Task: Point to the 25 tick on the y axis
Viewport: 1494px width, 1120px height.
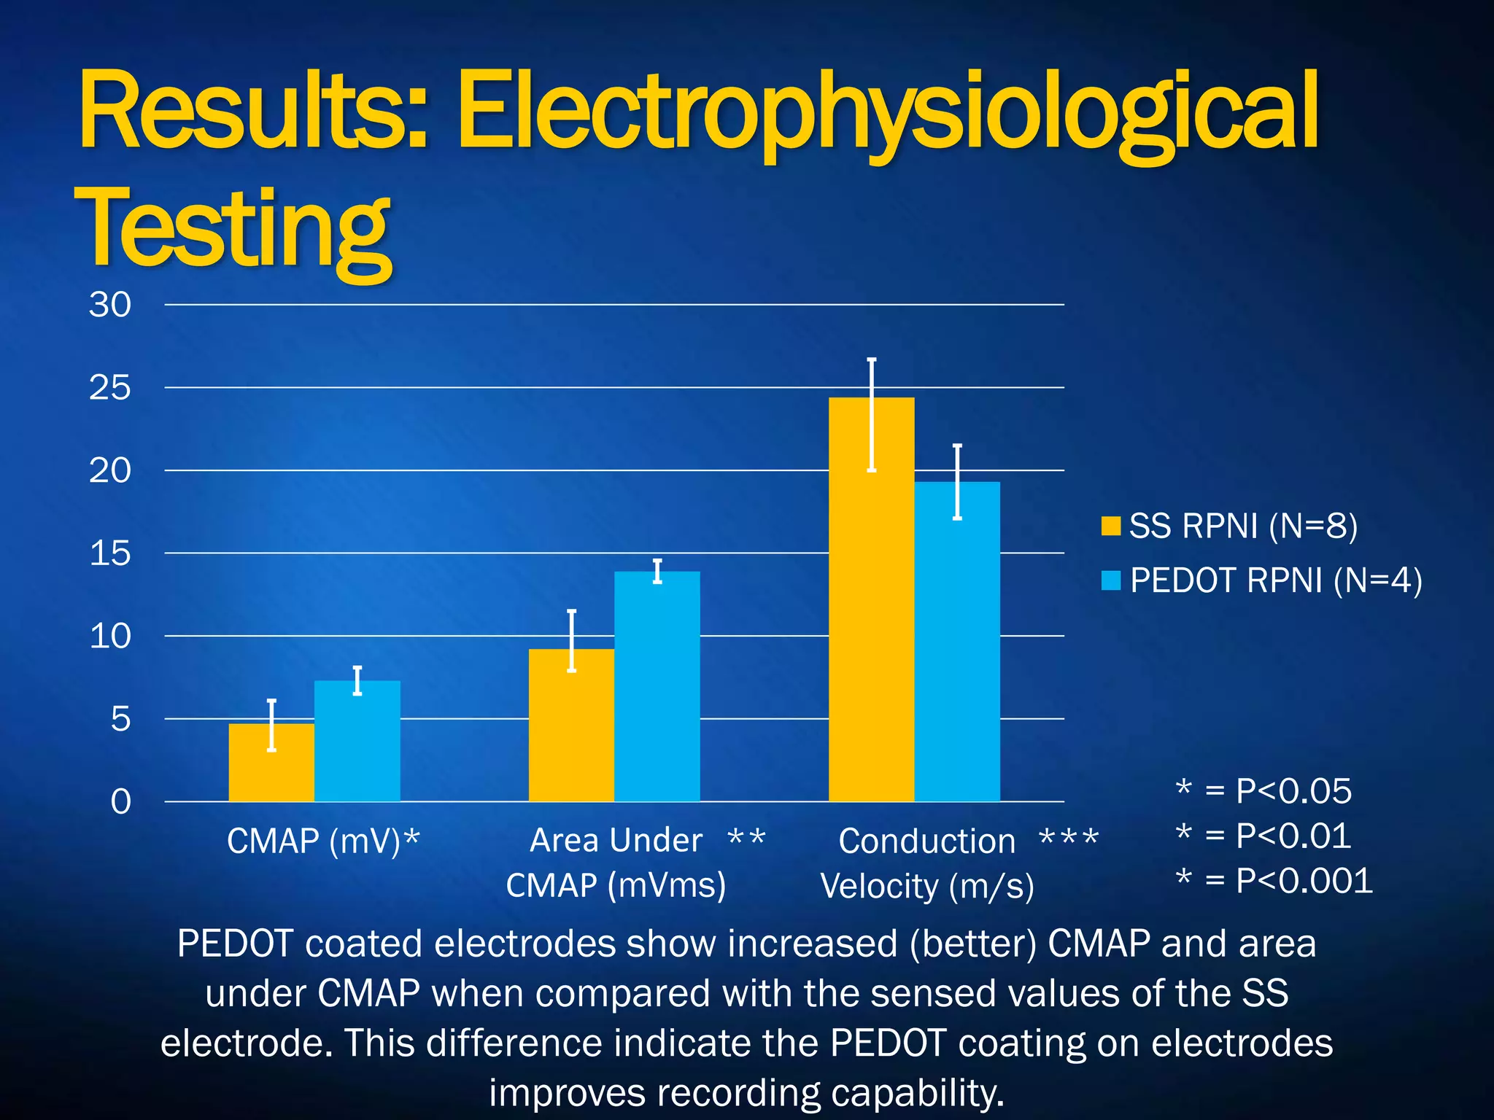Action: click(110, 388)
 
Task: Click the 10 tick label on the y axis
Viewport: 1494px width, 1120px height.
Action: click(110, 637)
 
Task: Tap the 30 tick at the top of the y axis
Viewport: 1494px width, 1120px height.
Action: click(110, 305)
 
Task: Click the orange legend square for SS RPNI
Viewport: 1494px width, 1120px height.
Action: click(1110, 526)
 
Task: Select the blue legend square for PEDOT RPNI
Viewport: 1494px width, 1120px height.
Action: click(1110, 580)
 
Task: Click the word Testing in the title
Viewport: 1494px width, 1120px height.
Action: click(233, 227)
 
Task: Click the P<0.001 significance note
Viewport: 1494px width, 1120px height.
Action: click(1303, 881)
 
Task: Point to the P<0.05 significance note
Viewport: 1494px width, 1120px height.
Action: click(1293, 791)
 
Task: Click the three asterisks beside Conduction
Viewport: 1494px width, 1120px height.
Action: click(1069, 839)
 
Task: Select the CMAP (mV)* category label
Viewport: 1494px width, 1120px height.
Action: click(323, 841)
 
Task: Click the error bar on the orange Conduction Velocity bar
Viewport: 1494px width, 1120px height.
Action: click(871, 415)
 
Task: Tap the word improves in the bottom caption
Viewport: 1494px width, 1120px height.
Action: click(567, 1093)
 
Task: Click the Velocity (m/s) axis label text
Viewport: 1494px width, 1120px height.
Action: click(926, 886)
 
